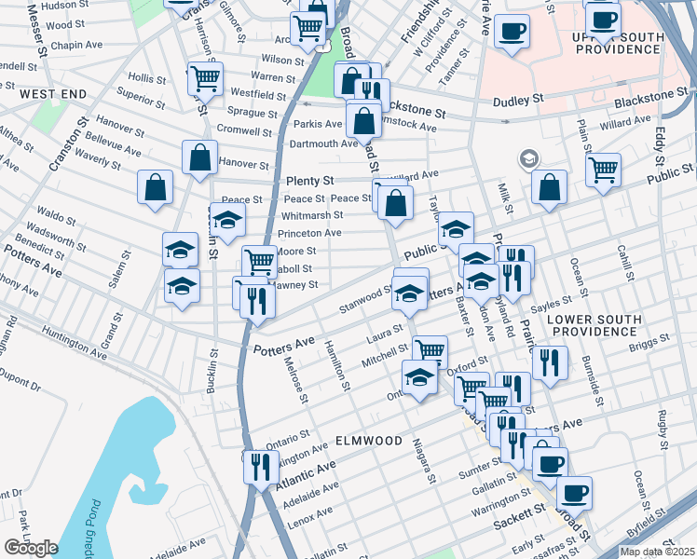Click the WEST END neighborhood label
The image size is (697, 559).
pos(53,95)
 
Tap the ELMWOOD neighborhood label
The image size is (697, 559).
pos(369,440)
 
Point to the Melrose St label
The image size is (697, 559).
pos(295,381)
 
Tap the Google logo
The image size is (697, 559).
pos(31,548)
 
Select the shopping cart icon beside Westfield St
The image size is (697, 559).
pos(205,79)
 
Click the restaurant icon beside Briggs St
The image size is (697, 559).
pos(552,362)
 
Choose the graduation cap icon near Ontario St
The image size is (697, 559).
pos(419,377)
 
